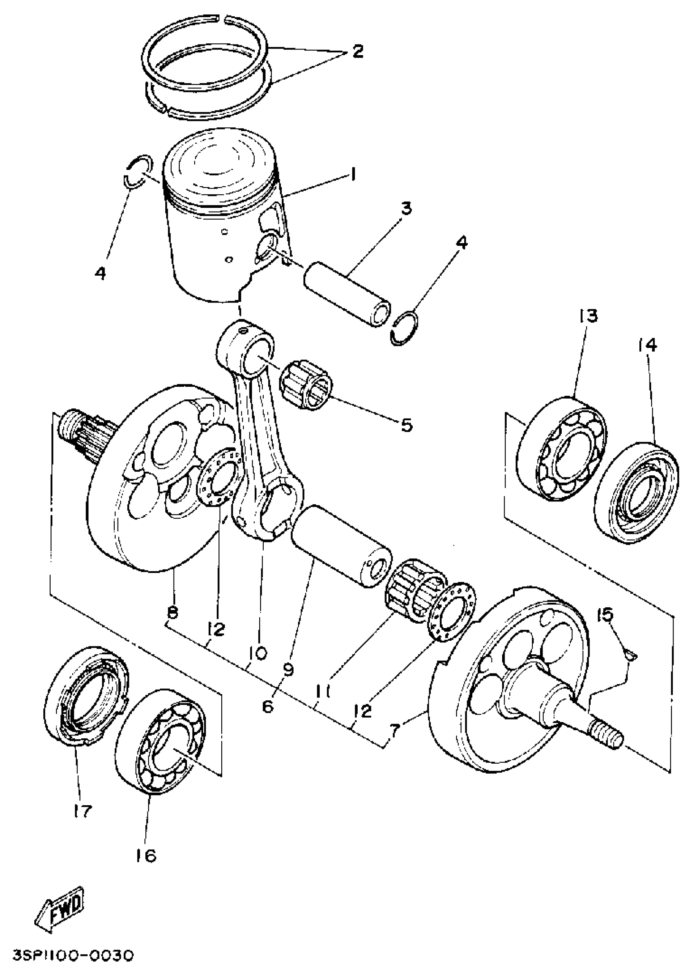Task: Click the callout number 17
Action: [82, 811]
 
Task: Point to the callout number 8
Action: [172, 613]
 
